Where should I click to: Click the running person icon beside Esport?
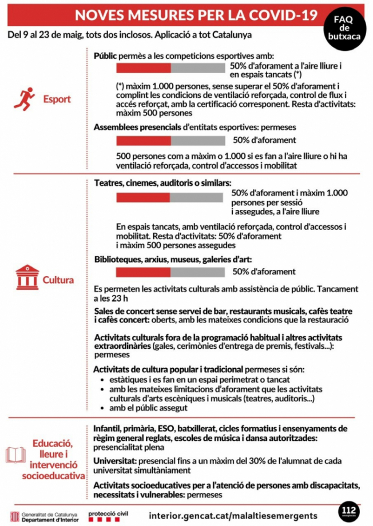[25, 98]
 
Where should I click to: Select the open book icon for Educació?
[16, 455]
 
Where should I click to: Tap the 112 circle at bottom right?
[348, 510]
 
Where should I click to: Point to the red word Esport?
[57, 99]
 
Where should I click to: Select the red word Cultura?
[58, 280]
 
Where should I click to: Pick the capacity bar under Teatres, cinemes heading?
[170, 197]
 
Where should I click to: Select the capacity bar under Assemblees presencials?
[170, 141]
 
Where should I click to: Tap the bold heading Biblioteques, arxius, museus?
[172, 258]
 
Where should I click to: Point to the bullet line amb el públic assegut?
[144, 408]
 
